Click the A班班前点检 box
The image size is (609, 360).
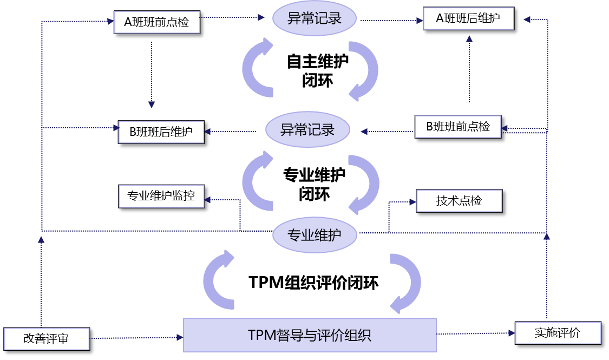156,22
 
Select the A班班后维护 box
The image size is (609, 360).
468,18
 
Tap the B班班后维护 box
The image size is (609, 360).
161,132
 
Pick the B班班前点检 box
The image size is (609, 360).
458,127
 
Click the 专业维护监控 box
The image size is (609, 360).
161,196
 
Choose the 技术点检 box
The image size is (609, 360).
459,201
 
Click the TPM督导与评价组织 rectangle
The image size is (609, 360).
310,335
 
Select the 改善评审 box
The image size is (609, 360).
46,339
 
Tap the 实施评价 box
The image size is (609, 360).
558,333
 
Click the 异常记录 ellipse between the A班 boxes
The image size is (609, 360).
315,18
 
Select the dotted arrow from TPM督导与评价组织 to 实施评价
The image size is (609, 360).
476,333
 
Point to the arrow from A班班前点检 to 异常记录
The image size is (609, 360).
233,17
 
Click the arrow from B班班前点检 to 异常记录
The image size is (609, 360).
388,131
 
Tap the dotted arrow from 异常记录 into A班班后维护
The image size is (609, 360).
390,21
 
